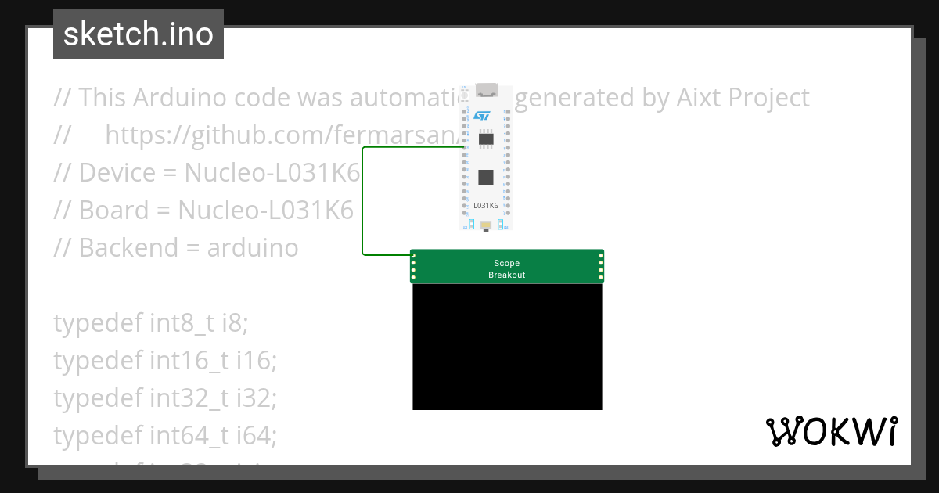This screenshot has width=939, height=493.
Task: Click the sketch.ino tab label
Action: pyautogui.click(x=139, y=34)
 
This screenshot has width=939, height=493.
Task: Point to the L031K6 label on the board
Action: pyautogui.click(x=486, y=206)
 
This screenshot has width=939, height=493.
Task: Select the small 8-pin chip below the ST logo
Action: pyautogui.click(x=486, y=139)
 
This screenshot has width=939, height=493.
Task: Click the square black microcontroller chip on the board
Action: pyautogui.click(x=486, y=176)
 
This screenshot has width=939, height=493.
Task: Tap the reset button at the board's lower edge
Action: pyautogui.click(x=486, y=227)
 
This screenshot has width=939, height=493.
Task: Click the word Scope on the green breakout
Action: pyautogui.click(x=506, y=264)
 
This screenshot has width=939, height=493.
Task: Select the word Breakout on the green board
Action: pyautogui.click(x=506, y=275)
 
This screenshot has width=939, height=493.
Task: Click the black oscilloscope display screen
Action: pyautogui.click(x=507, y=347)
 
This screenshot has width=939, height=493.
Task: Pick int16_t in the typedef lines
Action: pyautogui.click(x=189, y=361)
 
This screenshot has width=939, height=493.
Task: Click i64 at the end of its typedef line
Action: pyautogui.click(x=261, y=436)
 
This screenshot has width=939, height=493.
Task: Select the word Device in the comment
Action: pyautogui.click(x=118, y=173)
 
